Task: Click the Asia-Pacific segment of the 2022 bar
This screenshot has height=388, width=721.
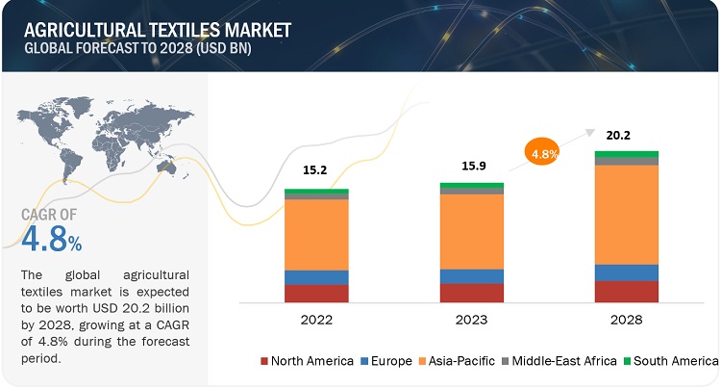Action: [316, 234]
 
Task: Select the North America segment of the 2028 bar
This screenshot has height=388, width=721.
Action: [627, 292]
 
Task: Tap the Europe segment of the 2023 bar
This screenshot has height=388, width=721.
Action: [471, 276]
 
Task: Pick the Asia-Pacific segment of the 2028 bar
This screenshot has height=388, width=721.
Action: [627, 214]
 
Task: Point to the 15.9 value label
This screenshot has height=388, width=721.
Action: [471, 166]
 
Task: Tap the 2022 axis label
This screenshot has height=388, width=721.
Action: [316, 319]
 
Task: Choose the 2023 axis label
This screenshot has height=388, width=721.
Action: [471, 319]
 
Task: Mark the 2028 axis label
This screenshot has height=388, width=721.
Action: [627, 319]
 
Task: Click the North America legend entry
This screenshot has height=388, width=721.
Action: [304, 361]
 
